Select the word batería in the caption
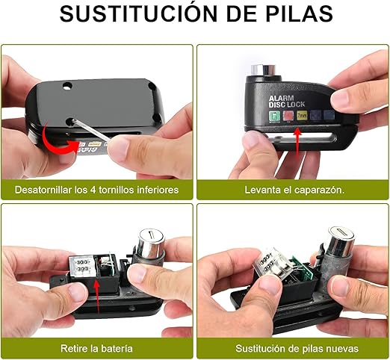point(117,348)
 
